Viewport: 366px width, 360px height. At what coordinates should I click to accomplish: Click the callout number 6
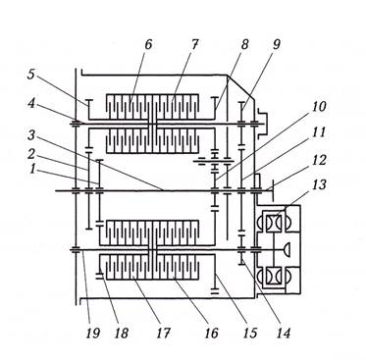click(148, 45)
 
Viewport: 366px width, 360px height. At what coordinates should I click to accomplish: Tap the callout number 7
click(194, 45)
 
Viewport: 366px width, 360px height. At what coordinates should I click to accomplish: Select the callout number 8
click(244, 45)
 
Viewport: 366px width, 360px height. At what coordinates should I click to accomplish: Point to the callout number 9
click(277, 45)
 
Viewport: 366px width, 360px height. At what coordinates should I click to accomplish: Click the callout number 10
click(318, 107)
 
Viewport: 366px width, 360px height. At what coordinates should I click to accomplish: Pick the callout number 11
click(318, 132)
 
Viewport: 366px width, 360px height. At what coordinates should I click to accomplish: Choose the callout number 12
click(318, 160)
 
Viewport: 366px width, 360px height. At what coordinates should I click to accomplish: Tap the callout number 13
click(318, 185)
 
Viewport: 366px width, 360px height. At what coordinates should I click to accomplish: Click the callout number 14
click(283, 334)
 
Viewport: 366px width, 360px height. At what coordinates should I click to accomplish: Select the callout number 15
click(249, 334)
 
